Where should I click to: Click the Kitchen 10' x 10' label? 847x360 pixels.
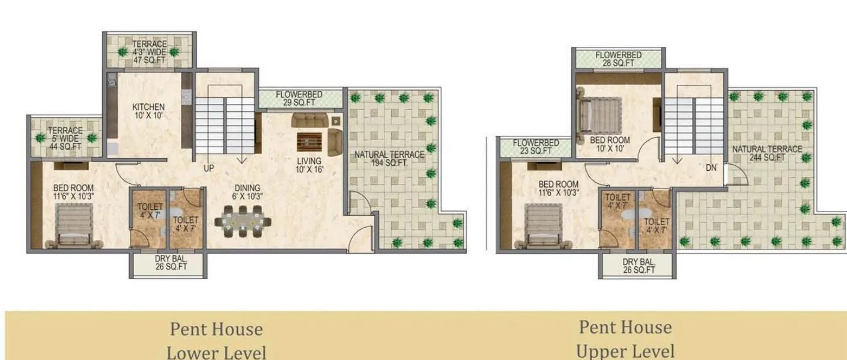148,111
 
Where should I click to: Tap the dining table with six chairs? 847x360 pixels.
242,221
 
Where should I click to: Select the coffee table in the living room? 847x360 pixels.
309,142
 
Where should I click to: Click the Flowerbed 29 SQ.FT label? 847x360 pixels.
299,99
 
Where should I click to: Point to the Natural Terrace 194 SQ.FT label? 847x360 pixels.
389,159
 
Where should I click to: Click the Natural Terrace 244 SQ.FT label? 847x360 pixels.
767,153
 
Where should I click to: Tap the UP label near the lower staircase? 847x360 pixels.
208,168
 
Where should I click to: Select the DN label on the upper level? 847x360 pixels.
711,168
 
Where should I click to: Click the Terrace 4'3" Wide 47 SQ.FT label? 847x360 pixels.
150,52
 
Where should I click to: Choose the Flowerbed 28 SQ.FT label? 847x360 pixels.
618,59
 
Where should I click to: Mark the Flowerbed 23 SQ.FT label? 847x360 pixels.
536,147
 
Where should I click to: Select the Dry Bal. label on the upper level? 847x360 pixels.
638,266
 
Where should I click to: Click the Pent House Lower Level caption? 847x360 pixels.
216,340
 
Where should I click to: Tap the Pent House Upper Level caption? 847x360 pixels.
625,339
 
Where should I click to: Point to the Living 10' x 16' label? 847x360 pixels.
309,165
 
